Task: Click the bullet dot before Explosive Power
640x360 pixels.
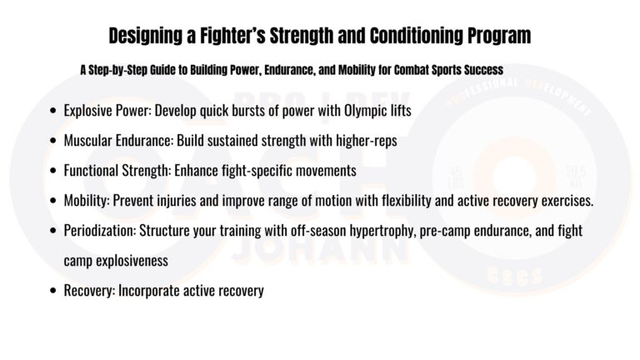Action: [54, 111]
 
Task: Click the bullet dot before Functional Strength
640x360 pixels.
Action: [54, 171]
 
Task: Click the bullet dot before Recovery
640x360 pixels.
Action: [54, 291]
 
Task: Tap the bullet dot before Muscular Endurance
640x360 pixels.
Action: [54, 141]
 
